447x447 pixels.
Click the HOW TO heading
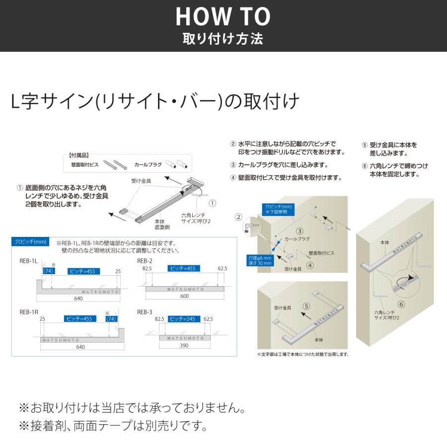[x=223, y=17]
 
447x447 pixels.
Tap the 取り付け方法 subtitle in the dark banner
[x=223, y=39]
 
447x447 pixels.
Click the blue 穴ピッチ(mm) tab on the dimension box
[x=31, y=242]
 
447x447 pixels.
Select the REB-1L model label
[x=29, y=261]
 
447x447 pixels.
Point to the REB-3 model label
[x=145, y=312]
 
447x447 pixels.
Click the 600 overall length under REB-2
[x=184, y=296]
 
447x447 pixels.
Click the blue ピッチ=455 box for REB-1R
[x=80, y=319]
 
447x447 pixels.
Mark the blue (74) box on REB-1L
[x=48, y=271]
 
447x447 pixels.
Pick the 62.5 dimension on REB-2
[x=222, y=269]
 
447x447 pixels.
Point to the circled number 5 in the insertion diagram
[x=306, y=306]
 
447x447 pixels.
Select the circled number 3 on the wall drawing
[x=299, y=230]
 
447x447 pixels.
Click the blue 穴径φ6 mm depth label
[x=260, y=260]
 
